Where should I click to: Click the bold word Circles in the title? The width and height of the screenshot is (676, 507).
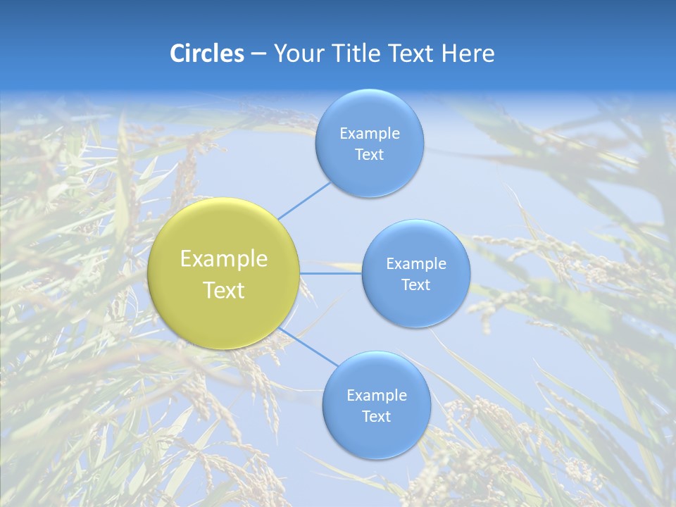coord(206,53)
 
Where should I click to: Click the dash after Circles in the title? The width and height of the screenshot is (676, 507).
coord(258,54)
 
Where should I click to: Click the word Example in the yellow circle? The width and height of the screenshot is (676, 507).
coord(224,259)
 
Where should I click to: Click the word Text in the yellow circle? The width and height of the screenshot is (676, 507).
coord(224,290)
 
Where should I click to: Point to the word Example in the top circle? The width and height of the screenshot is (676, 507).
coord(369,134)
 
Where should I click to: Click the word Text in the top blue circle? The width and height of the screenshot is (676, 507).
coord(369,155)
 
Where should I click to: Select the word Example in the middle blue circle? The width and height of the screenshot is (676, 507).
coord(415,264)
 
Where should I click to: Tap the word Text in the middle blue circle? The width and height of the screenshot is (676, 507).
coord(415,285)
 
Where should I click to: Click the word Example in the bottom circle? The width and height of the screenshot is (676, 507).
coord(376,396)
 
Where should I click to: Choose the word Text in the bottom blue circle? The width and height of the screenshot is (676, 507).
coord(376,417)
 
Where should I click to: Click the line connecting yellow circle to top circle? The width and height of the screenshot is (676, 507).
coord(303,200)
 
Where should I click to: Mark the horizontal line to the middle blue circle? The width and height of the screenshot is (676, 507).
coord(330,273)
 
